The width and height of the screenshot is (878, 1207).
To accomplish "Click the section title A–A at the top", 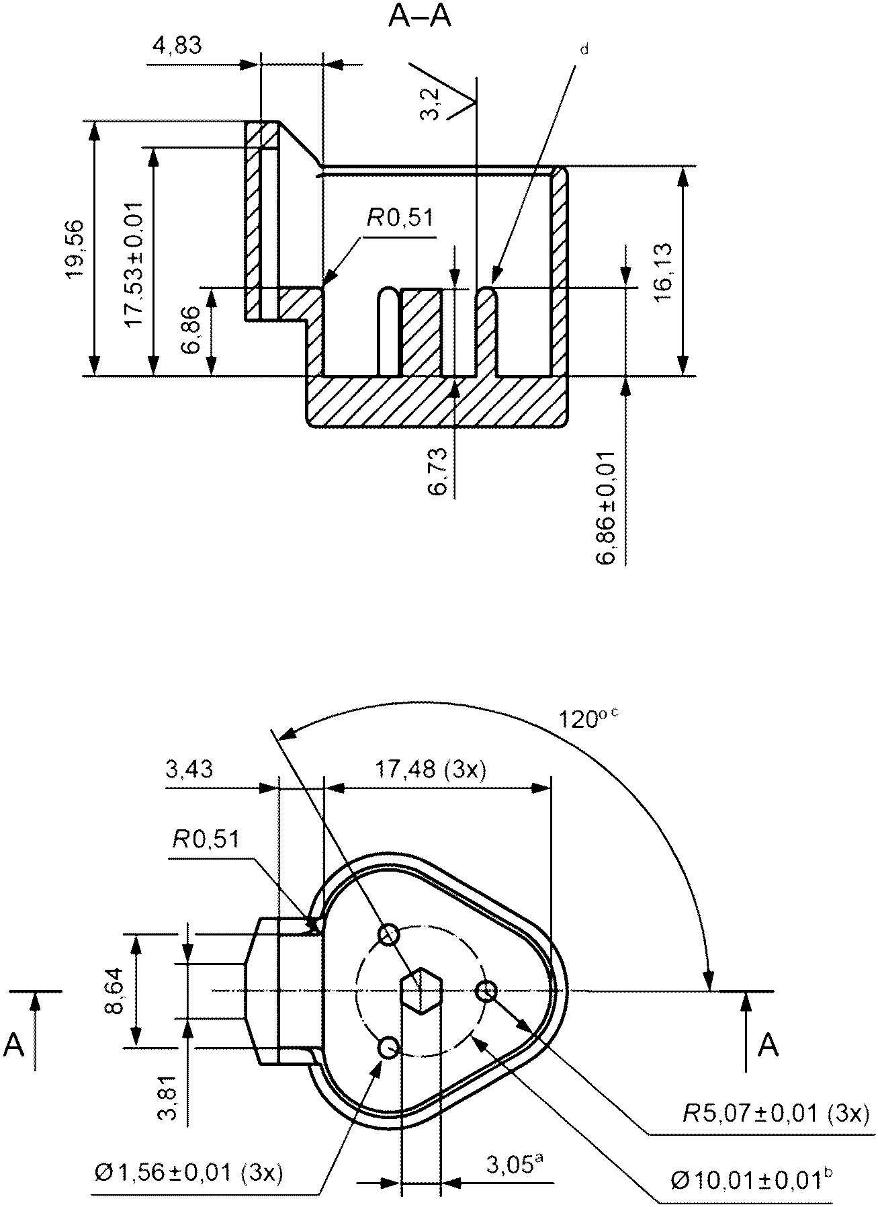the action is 420,17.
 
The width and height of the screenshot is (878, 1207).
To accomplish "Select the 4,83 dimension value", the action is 177,46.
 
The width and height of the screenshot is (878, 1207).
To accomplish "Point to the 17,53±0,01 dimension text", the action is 134,263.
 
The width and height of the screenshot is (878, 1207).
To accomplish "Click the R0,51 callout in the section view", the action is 400,218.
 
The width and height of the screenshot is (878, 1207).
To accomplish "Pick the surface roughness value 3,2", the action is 430,103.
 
